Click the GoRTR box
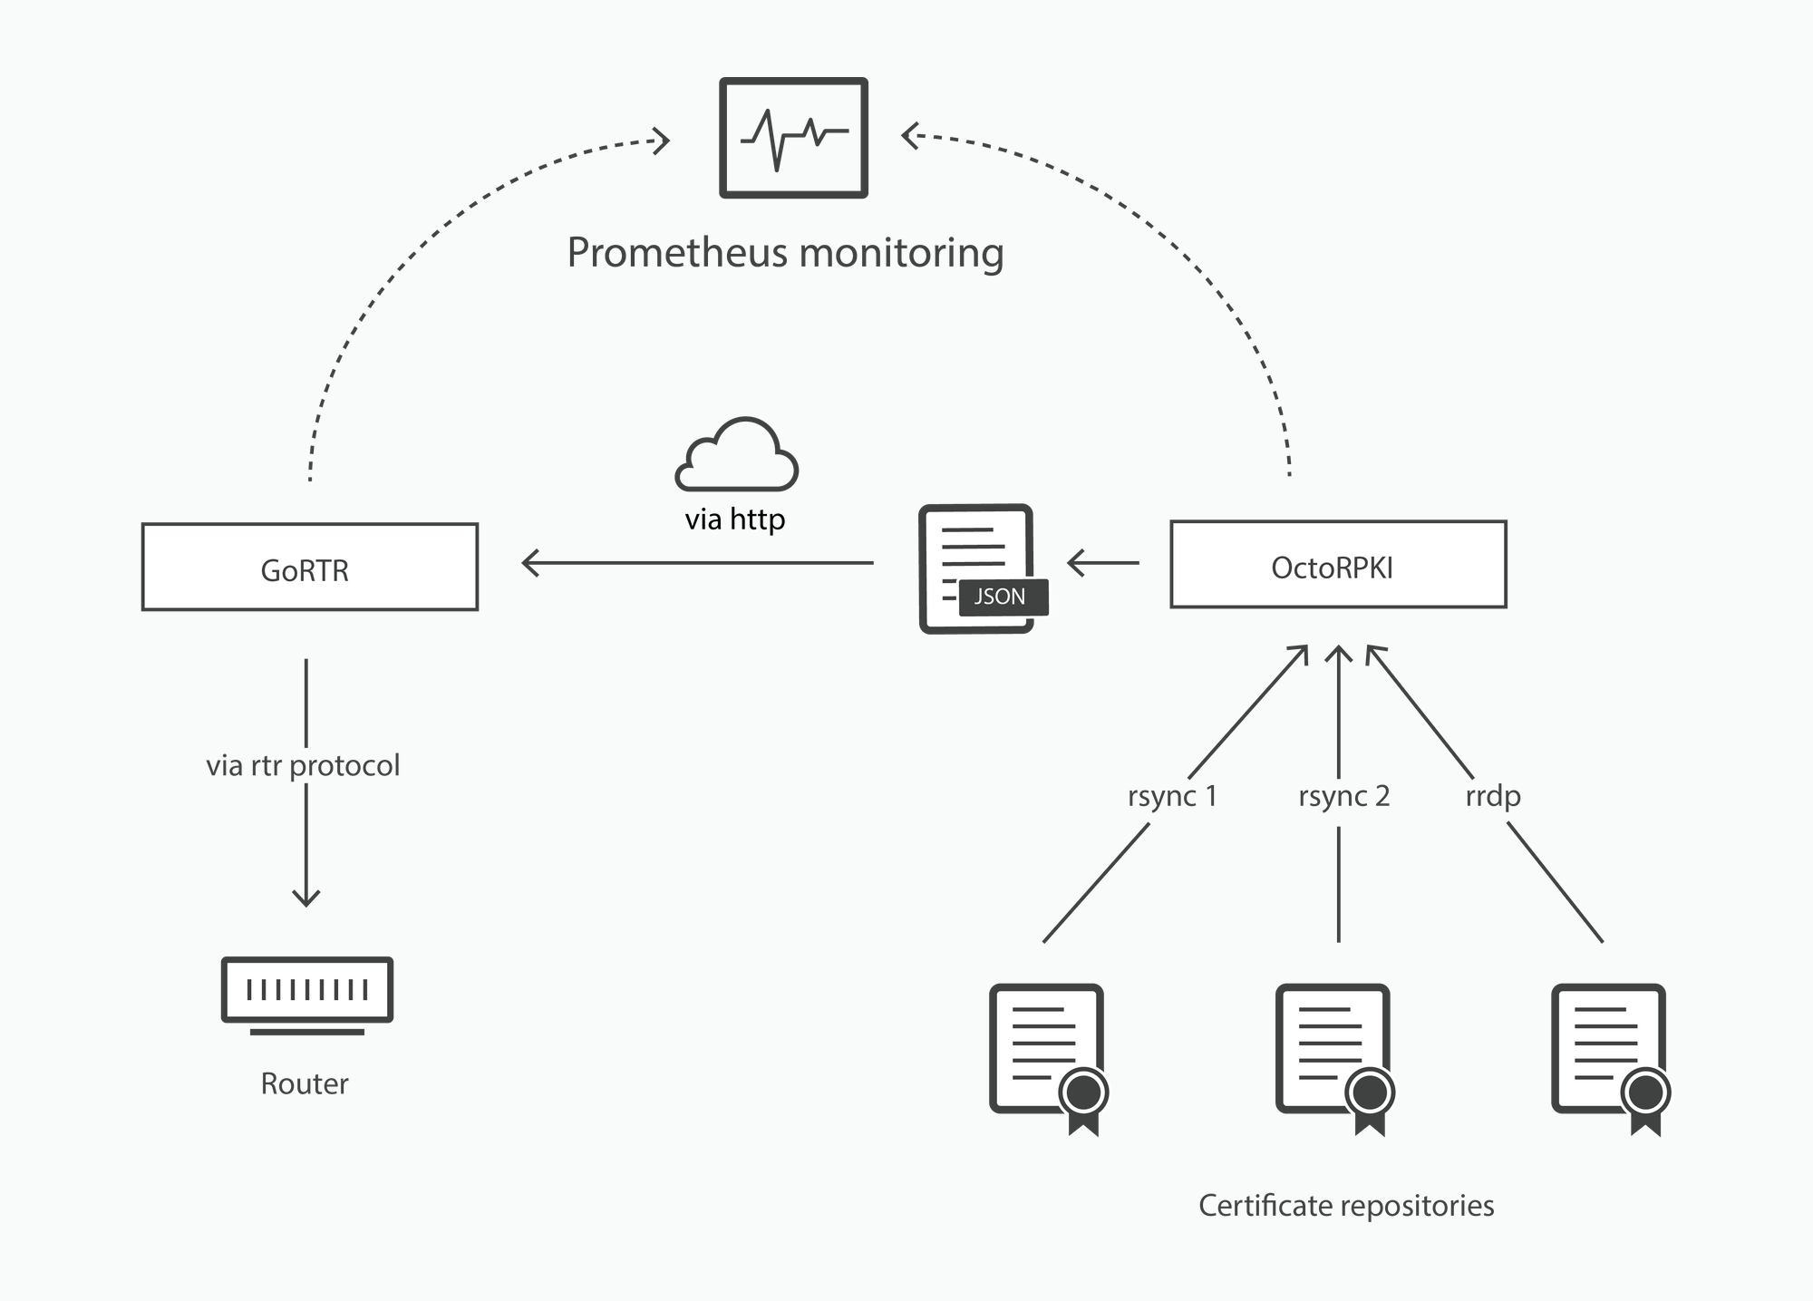click(309, 568)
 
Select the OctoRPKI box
click(1338, 565)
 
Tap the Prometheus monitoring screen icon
click(793, 138)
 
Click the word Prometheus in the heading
click(678, 253)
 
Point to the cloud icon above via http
click(736, 455)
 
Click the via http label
click(734, 519)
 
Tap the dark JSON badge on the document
click(1002, 597)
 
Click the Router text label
click(305, 1084)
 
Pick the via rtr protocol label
click(303, 766)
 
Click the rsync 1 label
click(1171, 797)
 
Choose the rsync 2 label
click(1343, 797)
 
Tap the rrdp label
click(1492, 797)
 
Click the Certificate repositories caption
click(1346, 1206)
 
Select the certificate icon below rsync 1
click(1049, 1057)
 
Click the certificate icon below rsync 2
click(1334, 1057)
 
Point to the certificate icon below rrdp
click(1611, 1057)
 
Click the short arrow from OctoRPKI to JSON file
click(1103, 563)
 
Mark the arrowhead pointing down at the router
click(306, 898)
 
